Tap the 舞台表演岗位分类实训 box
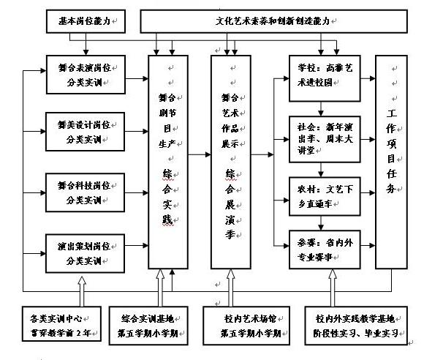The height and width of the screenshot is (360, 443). click(80, 74)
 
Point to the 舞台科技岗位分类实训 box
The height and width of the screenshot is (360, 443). click(80, 192)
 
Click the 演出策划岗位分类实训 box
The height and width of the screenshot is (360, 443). click(80, 252)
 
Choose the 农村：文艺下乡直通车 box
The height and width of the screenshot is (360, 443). click(324, 195)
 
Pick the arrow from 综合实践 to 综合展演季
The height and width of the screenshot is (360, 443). click(200, 154)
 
